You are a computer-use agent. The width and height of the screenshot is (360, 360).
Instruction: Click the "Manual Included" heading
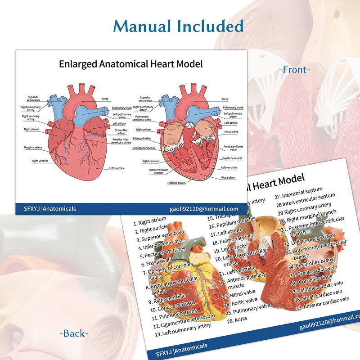[179, 26]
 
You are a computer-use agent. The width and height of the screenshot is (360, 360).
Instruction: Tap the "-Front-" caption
[295, 70]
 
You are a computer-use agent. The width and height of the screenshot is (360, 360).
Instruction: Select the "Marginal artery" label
[33, 147]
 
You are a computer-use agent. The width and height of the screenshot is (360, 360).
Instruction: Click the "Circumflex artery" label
[119, 131]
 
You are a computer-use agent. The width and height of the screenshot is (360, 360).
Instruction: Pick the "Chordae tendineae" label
[144, 148]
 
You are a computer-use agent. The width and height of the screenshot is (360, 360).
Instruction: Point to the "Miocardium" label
[229, 177]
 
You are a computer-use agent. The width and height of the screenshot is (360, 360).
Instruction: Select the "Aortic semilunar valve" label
[233, 148]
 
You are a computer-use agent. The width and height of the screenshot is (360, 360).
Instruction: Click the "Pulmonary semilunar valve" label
[144, 118]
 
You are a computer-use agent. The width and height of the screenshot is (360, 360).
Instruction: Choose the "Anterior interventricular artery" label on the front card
[121, 141]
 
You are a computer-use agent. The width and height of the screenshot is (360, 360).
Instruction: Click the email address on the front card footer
[207, 209]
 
